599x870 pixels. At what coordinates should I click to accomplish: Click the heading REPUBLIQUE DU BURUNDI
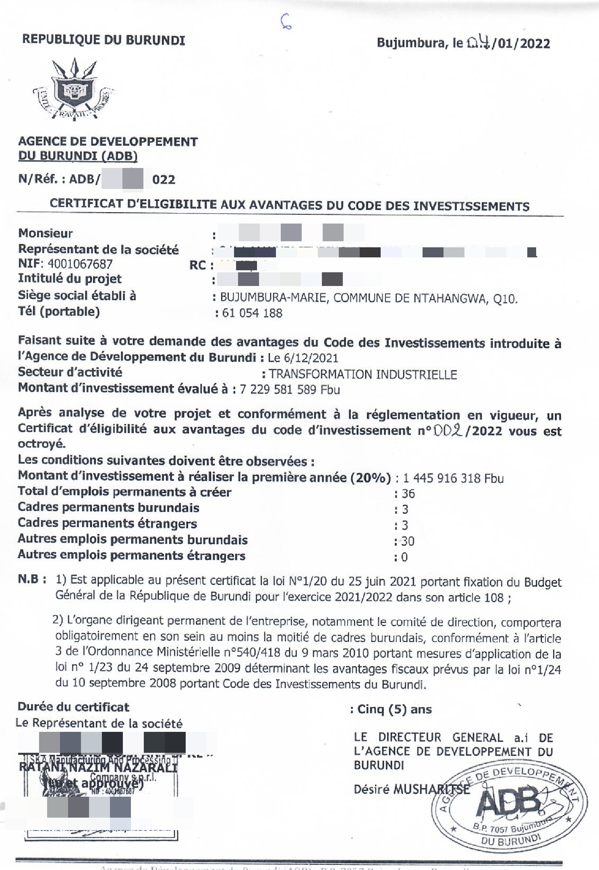coord(104,40)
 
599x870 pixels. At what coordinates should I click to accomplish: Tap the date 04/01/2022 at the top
coord(508,43)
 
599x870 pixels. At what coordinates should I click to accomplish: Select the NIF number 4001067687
coord(80,264)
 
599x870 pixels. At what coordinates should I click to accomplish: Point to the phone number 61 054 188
coord(252,313)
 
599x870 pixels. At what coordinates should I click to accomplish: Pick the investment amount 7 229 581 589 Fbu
coord(290,389)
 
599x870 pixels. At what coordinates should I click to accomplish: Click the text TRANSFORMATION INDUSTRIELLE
coord(363,374)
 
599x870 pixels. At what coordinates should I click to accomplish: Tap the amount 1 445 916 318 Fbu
coord(453,478)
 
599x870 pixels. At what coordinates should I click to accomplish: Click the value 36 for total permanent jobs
coord(408,494)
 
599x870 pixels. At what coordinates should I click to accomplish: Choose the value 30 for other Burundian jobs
coord(408,541)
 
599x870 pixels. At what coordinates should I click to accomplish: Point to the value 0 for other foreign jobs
coord(404,557)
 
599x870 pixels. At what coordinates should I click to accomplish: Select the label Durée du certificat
coord(73,707)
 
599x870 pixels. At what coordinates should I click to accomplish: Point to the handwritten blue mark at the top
coord(286,22)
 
